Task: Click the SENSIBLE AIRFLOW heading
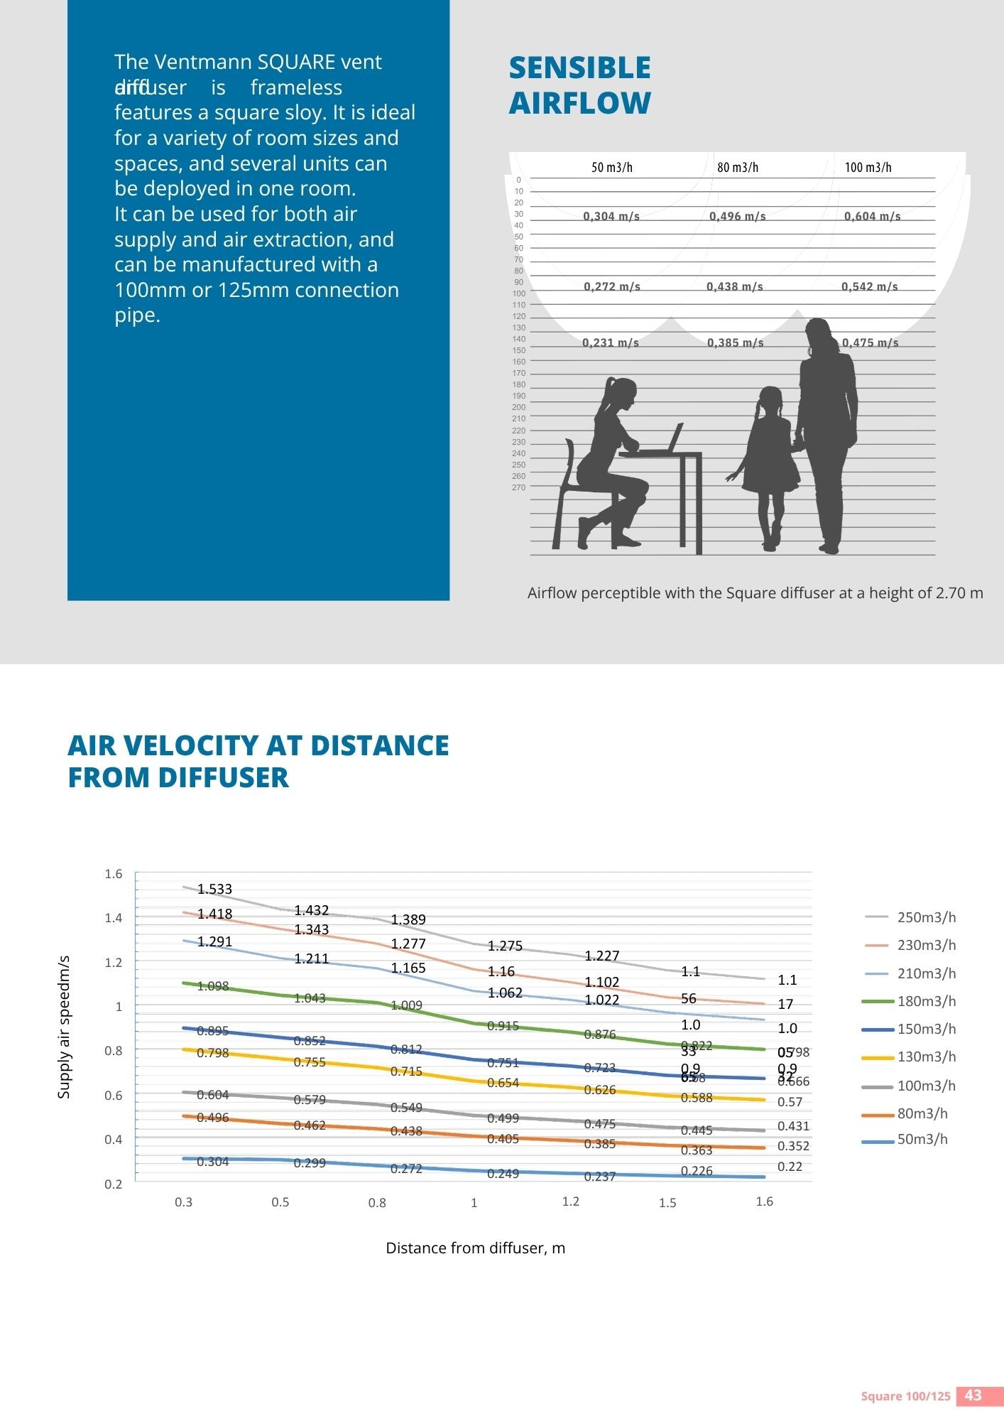[579, 85]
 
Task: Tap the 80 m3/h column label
[738, 168]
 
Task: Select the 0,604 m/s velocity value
[872, 217]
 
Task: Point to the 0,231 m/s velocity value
[611, 343]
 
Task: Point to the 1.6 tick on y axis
[114, 874]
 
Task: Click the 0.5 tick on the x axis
[280, 1202]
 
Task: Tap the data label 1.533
[214, 890]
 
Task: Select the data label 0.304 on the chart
[213, 1162]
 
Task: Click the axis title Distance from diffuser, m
[475, 1248]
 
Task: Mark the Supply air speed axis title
[64, 1027]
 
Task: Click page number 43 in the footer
[973, 1395]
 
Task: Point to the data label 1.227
[602, 956]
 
